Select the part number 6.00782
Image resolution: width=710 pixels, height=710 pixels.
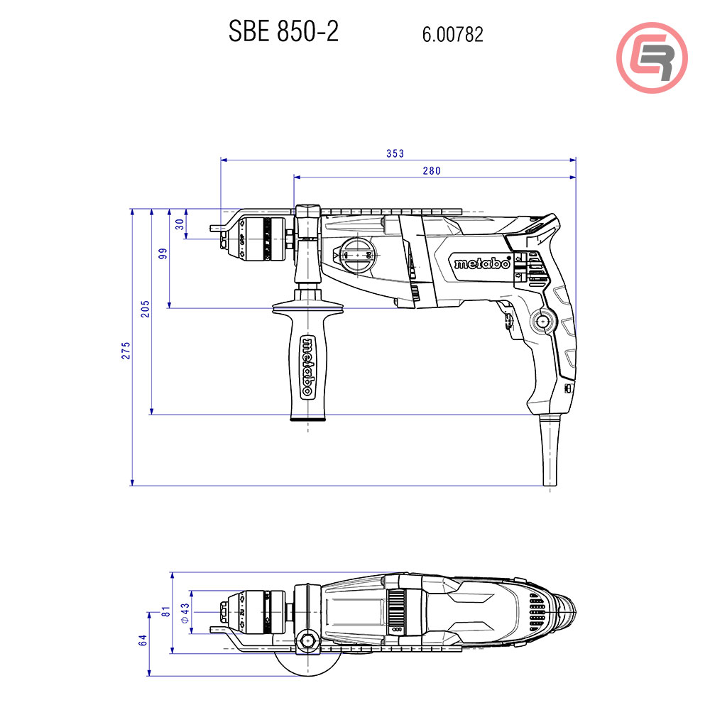(x=452, y=34)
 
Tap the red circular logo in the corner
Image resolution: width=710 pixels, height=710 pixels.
(x=651, y=57)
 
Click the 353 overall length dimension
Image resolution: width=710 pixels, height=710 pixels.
(x=395, y=153)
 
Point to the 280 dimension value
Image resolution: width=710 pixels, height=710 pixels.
(x=432, y=170)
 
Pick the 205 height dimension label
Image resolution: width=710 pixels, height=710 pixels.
(x=146, y=309)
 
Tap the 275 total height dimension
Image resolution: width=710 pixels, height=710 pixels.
(x=125, y=351)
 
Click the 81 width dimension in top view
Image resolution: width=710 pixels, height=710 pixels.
(x=165, y=611)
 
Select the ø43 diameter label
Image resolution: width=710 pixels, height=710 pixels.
(x=185, y=613)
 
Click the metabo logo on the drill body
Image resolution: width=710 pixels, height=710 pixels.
(x=482, y=263)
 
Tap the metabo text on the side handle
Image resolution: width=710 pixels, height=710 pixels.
(x=308, y=366)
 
